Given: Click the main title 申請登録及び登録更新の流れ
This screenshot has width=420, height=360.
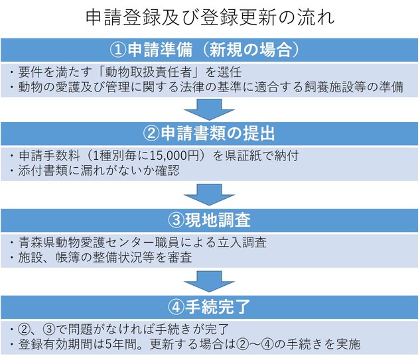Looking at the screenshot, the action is coord(210,18).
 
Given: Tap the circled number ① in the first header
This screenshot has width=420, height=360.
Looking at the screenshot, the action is coord(118,50).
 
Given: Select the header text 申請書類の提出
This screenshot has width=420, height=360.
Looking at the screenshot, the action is coord(218,133).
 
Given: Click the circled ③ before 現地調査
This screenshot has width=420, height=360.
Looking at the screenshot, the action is coord(176,220).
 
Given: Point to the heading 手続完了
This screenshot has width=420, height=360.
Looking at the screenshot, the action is coord(218,307).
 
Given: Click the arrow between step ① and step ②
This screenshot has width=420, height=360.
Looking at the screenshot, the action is coord(209,109).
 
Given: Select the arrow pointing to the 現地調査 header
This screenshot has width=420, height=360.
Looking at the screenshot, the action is coord(209,195).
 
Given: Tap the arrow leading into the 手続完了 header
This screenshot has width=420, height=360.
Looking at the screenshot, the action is coord(209,282).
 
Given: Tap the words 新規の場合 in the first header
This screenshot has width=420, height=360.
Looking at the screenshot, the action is coord(251,50).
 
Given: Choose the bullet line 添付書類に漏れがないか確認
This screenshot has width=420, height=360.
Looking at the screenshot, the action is coord(99,171).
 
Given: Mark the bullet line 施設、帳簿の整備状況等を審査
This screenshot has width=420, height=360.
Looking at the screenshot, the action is coord(105,257).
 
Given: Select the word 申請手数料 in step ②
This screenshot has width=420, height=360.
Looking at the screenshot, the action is coord(50,156).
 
